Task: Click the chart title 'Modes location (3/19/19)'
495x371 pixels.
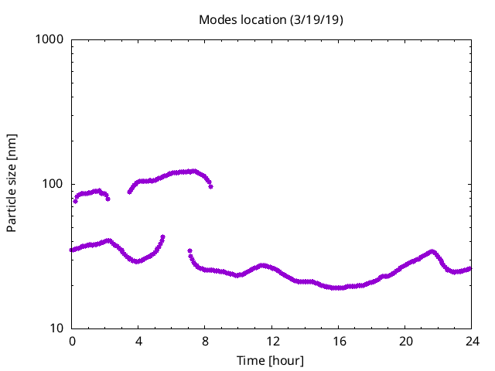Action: coord(271,19)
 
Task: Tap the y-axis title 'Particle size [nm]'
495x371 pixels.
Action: coord(12,183)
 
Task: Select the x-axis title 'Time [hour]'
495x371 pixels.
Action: coord(271,360)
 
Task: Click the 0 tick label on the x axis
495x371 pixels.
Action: coord(72,342)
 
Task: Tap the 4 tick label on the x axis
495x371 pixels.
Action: coord(138,342)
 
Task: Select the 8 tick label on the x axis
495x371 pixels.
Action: coord(205,342)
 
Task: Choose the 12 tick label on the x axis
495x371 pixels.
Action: coord(271,342)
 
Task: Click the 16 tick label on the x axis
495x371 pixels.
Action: coord(338,342)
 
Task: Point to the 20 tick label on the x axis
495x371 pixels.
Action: coord(405,342)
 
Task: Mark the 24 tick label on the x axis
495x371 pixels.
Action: coord(471,342)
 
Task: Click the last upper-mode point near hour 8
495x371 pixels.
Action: coord(210,186)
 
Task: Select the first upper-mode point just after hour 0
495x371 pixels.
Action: coord(75,201)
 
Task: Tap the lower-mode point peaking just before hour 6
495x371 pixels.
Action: coord(162,237)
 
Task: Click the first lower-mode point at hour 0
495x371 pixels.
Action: coord(72,250)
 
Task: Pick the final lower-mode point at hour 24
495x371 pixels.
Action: coord(470,268)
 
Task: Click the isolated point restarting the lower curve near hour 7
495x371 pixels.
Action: coord(189,250)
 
